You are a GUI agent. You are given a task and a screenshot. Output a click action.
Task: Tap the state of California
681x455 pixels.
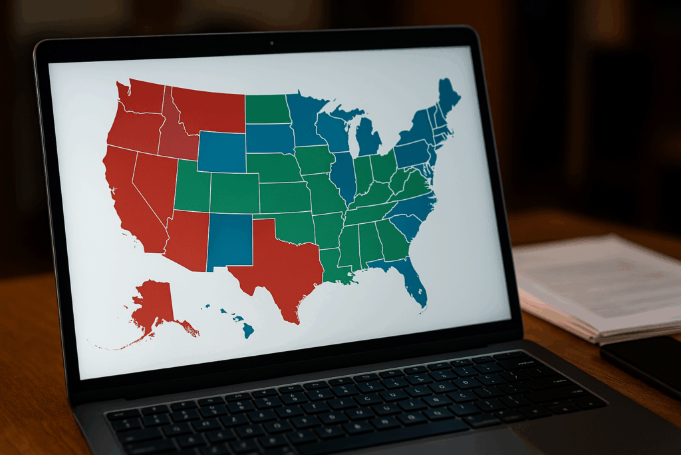[130, 200]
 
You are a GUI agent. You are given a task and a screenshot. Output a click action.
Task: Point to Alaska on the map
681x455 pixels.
[153, 303]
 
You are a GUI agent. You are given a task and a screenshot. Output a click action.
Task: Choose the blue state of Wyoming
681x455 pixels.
[222, 152]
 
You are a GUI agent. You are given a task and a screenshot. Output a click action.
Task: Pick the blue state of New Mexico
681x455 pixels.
[229, 240]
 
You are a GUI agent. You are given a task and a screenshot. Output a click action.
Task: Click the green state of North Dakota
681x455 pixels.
[267, 109]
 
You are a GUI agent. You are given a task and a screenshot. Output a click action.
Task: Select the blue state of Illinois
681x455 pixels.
[343, 176]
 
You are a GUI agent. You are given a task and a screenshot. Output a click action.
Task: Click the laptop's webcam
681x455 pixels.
[271, 44]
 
